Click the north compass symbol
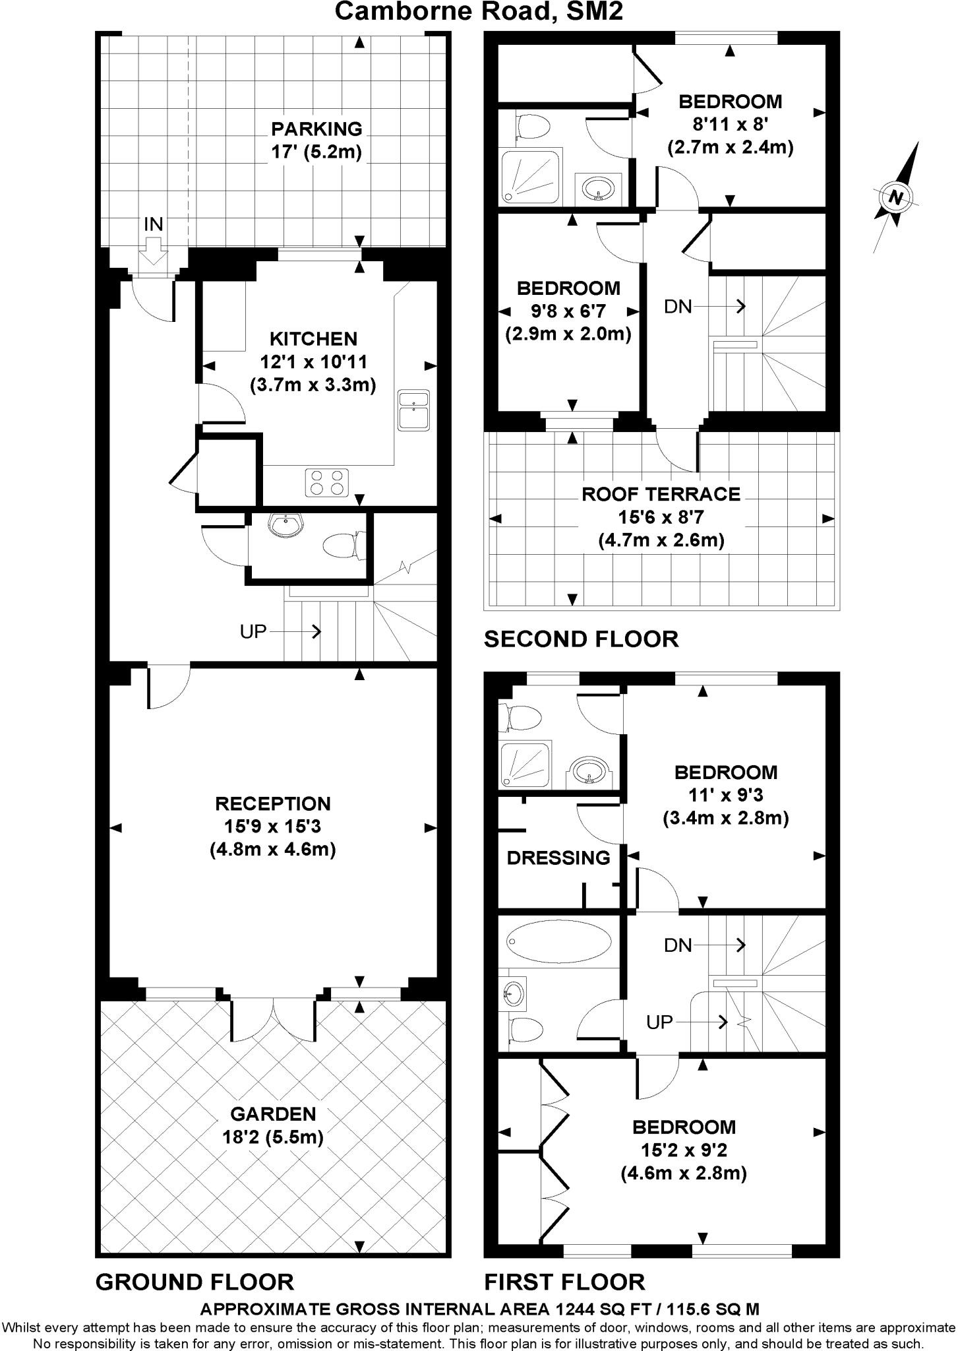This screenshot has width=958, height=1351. (x=895, y=197)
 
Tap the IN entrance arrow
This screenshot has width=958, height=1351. (x=153, y=251)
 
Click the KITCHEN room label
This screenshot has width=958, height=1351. (x=313, y=339)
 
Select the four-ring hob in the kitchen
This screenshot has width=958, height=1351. (x=327, y=482)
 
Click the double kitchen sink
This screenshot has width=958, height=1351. (x=414, y=409)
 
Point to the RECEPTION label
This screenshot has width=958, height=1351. (x=273, y=803)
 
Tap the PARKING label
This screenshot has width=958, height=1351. (x=317, y=129)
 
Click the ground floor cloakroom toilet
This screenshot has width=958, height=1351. (x=343, y=546)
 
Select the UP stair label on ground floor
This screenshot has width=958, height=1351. (x=253, y=632)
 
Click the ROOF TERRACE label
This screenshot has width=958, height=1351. (x=661, y=494)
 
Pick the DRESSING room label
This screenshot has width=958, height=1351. (x=558, y=858)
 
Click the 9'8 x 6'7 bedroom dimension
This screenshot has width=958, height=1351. (x=568, y=311)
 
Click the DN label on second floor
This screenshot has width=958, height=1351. (x=678, y=307)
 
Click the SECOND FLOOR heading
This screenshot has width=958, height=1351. (x=581, y=639)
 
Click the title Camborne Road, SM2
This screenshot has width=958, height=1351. (x=479, y=11)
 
